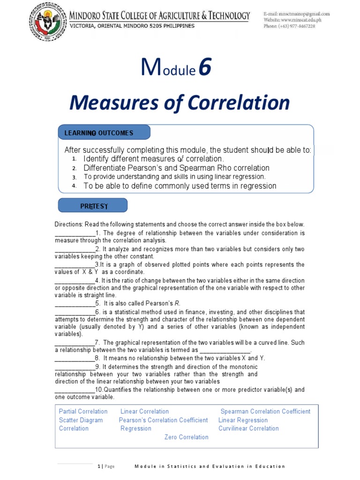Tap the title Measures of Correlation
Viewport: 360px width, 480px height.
point(180,103)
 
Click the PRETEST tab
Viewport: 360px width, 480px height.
point(93,206)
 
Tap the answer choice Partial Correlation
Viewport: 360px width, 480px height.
point(83,412)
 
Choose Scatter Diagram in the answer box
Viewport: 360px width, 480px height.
point(81,420)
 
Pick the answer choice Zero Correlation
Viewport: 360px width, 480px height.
point(186,437)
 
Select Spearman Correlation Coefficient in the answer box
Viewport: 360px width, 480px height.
point(265,412)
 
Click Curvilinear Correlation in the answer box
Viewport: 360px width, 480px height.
point(248,428)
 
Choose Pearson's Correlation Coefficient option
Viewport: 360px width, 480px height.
point(163,420)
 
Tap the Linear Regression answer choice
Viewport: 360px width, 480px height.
point(243,420)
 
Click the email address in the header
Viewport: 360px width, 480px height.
point(296,14)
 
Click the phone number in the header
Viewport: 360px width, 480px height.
point(289,26)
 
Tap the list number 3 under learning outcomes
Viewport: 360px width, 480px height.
point(74,177)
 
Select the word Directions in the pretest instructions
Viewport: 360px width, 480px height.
point(68,225)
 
